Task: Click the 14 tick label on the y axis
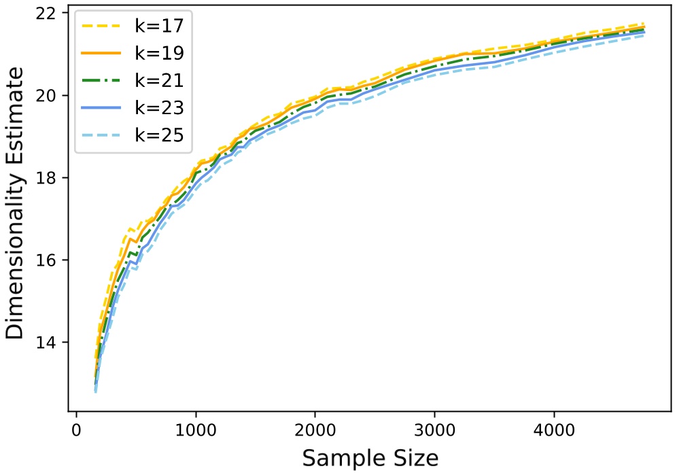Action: (x=51, y=342)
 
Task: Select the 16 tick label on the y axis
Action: (x=51, y=260)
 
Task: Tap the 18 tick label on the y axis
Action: (x=51, y=178)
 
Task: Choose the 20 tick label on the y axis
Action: (x=51, y=96)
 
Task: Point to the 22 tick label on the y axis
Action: (x=51, y=14)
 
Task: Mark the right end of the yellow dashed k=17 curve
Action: (x=644, y=24)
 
